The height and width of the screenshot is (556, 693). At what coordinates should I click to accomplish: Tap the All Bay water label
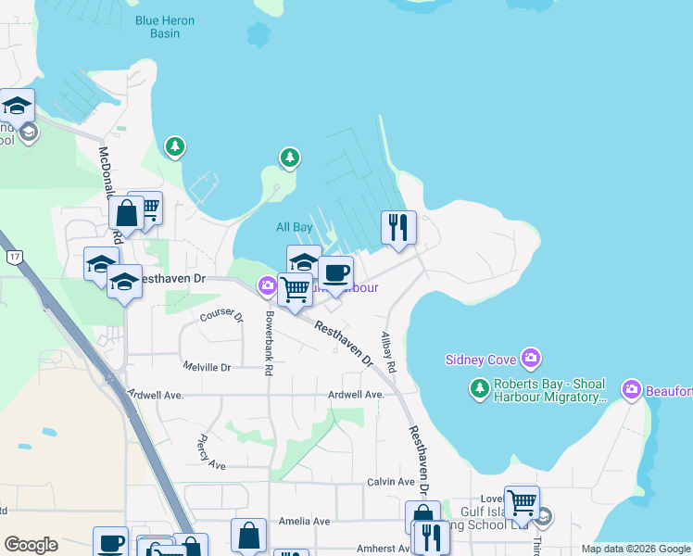coord(295,227)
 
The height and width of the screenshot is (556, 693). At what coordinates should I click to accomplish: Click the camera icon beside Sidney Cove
coord(531,358)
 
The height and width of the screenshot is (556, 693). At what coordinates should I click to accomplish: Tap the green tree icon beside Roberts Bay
coord(479,388)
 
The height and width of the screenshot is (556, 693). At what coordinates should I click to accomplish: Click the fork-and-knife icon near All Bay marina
coord(398,227)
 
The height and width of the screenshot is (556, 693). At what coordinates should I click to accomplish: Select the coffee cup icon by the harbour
coord(335,273)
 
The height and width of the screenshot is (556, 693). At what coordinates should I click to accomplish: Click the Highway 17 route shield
coord(14,256)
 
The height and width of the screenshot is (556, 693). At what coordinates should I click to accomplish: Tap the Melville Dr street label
coord(207,367)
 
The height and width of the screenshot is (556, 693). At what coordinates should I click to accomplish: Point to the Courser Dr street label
coord(220,317)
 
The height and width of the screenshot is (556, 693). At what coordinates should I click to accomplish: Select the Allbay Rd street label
coord(389,352)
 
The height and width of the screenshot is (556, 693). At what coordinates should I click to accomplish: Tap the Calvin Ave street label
coord(390,482)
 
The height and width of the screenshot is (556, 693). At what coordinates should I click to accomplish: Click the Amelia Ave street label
coord(309,522)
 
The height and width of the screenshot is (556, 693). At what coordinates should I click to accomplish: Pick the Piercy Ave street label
coord(210,451)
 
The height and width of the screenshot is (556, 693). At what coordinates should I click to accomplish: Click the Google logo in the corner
coord(31,545)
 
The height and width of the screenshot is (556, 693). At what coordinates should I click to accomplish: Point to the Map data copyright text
coord(635,549)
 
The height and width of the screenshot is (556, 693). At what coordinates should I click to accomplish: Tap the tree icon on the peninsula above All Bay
coord(290,158)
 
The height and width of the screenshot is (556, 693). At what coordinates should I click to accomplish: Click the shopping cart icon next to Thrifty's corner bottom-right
coord(522,503)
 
